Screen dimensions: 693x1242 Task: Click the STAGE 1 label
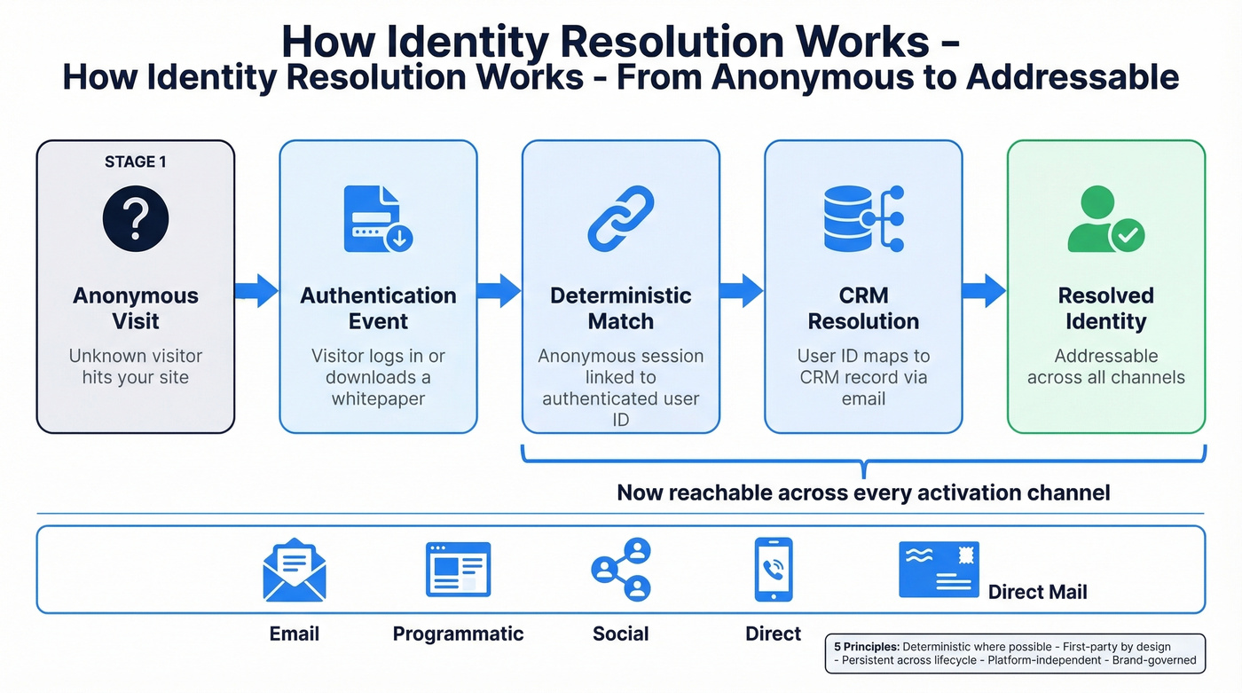(135, 161)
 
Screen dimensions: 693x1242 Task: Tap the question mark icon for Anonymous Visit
(135, 219)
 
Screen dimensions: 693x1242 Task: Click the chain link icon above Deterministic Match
(620, 219)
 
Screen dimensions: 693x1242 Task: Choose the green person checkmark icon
(1105, 219)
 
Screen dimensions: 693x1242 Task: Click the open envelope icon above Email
(295, 570)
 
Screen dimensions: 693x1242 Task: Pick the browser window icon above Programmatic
(458, 570)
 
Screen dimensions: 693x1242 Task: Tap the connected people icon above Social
(621, 570)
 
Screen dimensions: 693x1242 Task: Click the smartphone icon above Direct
(773, 570)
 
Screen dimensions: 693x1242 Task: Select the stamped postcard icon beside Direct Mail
(939, 570)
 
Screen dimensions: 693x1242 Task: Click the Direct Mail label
(1037, 592)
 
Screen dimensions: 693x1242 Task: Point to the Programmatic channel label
(458, 634)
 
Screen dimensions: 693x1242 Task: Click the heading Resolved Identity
(1105, 308)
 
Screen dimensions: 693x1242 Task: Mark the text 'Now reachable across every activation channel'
(863, 492)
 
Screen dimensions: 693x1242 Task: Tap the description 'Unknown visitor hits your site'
(135, 366)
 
